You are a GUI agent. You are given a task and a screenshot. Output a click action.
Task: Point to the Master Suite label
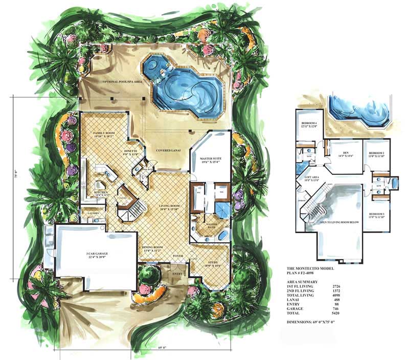[211, 159]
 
